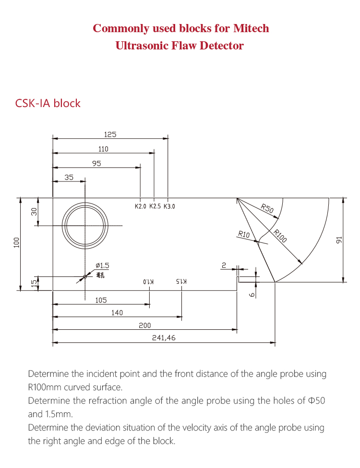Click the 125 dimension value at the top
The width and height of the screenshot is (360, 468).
coord(110,134)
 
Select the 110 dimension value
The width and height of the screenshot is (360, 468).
coord(103,149)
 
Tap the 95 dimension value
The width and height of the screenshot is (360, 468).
coord(96,164)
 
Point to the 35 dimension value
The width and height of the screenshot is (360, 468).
coord(69,178)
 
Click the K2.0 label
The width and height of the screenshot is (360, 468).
coord(140,207)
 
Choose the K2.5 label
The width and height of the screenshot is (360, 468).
coord(155,207)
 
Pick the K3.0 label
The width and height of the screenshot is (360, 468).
coord(169,207)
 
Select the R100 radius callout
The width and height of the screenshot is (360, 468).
coord(280,236)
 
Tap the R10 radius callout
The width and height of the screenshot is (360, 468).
coord(244,234)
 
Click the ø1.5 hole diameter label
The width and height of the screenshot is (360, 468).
coord(102,265)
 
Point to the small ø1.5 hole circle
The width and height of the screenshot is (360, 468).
coord(85,276)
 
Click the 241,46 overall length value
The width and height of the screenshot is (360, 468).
coord(164,338)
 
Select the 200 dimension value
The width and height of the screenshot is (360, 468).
coord(145,325)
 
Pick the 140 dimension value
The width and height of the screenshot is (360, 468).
coord(117,313)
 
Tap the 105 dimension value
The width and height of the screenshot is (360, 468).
coord(101,300)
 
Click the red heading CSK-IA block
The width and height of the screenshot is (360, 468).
coord(48,103)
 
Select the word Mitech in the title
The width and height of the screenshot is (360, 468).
coord(251,28)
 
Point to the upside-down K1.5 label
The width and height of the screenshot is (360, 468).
coord(181,282)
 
